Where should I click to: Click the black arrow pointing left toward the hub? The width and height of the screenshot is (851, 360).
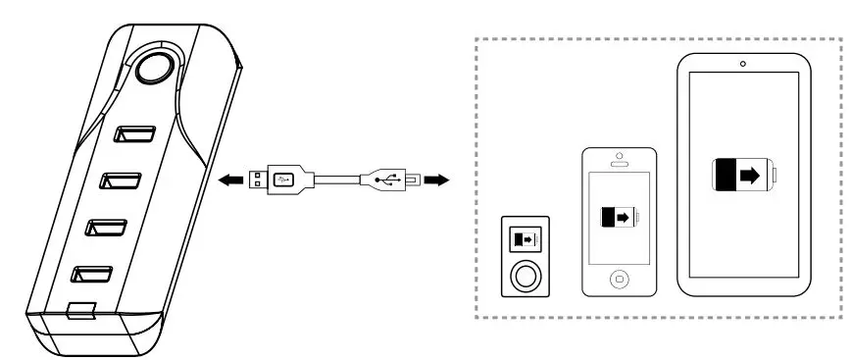coord(231,180)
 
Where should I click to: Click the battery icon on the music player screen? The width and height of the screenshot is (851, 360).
coord(526,239)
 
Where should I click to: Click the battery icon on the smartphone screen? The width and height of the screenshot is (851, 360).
coord(620,216)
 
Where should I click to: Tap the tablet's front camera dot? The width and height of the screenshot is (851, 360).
coord(742,65)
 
